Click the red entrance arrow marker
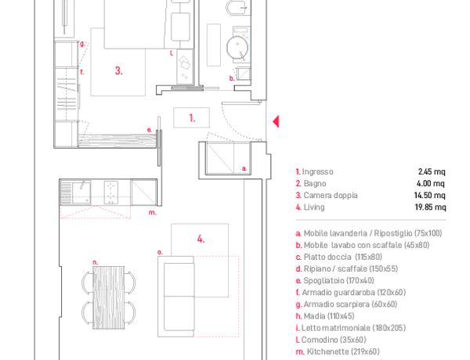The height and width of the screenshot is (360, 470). [276, 121]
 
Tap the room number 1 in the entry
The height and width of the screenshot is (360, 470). [192, 118]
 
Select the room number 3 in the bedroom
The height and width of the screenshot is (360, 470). [119, 70]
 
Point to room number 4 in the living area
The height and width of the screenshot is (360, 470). [201, 239]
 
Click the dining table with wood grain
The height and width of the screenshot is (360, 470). [109, 297]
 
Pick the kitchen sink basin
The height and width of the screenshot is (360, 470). [81, 193]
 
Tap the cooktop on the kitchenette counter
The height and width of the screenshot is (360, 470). [111, 193]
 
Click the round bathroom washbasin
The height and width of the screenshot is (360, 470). [237, 47]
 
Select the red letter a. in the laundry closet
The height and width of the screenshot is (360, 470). [244, 168]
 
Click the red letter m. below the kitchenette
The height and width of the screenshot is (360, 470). [153, 213]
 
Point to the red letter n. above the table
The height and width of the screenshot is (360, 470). [96, 262]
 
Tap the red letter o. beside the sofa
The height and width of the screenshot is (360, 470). [161, 253]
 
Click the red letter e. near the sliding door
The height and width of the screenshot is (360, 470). [150, 130]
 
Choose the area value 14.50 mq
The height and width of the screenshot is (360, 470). [430, 196]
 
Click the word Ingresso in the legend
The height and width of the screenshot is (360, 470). [318, 171]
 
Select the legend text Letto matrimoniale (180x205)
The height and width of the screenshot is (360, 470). [353, 328]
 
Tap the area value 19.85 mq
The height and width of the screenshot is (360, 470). [430, 207]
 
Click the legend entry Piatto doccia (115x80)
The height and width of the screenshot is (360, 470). [343, 257]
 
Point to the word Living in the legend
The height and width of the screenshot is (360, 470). [314, 207]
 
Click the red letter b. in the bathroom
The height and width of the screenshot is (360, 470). [232, 78]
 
